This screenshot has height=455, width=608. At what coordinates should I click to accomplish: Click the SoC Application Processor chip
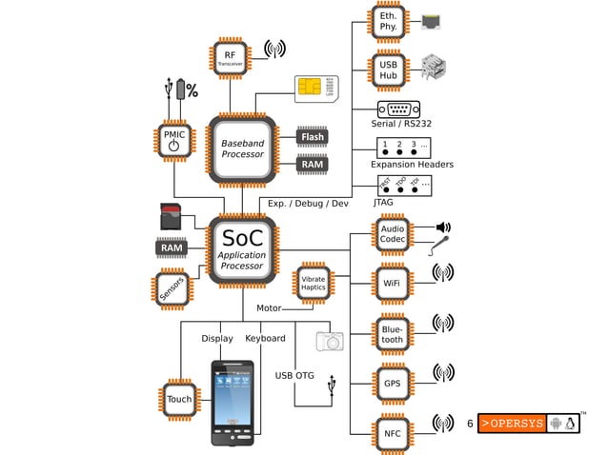pos(242,249)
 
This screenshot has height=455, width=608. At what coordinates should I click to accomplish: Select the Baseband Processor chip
pos(242,148)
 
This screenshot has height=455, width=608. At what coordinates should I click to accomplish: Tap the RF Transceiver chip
pos(230,59)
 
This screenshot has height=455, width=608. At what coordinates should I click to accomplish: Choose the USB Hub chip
pos(389,69)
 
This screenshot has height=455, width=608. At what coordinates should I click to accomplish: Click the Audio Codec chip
pos(392,234)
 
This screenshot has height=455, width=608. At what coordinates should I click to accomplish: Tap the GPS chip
pos(392,383)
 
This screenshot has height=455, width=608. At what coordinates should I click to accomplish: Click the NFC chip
pos(392,433)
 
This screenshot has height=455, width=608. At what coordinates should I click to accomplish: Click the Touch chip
pos(179,399)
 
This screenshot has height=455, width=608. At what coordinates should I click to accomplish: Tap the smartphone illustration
pos(233,402)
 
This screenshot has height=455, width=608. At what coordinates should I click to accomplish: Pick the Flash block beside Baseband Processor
pos(313,137)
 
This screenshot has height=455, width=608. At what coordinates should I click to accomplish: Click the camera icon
pos(330,341)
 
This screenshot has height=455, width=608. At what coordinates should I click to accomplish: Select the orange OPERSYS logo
pos(511,424)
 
